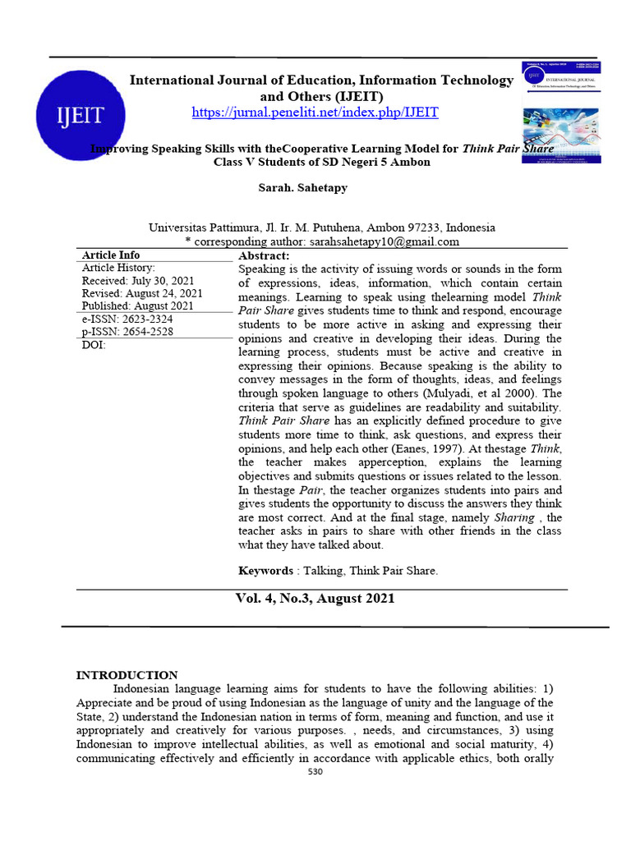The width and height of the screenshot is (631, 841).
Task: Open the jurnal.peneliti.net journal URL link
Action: [315, 113]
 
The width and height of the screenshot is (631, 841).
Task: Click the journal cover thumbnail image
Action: [560, 112]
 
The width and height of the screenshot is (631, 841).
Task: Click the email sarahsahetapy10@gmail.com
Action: [383, 241]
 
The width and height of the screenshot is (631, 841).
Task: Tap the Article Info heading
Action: [111, 255]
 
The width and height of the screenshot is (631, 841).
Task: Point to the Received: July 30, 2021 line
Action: [138, 281]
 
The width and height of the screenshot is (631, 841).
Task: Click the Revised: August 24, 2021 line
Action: [142, 293]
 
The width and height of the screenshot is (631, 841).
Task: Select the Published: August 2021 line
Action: [137, 306]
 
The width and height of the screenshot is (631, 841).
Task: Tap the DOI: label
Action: [94, 345]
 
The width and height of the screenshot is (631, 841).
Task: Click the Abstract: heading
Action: [264, 256]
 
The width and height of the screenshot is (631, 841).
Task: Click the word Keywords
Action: [265, 571]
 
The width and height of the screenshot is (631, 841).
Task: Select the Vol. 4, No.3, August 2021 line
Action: [315, 599]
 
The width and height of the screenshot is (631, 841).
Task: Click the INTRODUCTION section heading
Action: [127, 675]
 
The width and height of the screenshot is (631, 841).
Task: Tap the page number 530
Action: [315, 773]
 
